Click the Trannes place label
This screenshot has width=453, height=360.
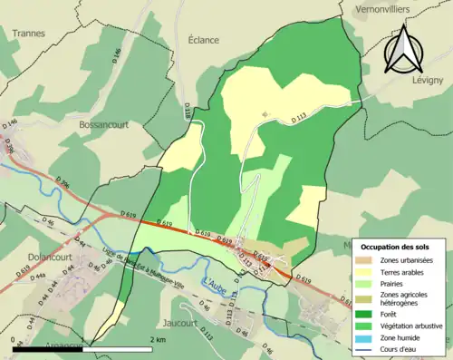[x=29, y=33]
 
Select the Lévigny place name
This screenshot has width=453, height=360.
[x=428, y=82]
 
